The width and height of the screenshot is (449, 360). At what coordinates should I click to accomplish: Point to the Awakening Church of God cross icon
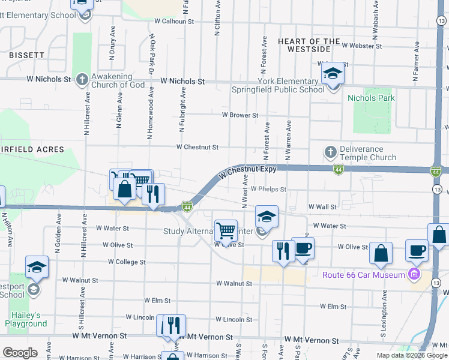pyautogui.click(x=82, y=79)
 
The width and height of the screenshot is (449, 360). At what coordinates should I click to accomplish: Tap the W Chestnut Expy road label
pyautogui.click(x=247, y=171)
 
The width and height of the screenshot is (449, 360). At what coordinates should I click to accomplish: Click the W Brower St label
pyautogui.click(x=240, y=115)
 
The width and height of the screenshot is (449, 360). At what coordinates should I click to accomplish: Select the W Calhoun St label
pyautogui.click(x=174, y=21)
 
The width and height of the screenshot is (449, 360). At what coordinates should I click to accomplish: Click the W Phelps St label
pyautogui.click(x=268, y=189)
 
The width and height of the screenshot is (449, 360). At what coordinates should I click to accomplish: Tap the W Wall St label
pyautogui.click(x=322, y=206)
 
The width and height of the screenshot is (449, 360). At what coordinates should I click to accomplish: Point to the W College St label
pyautogui.click(x=127, y=262)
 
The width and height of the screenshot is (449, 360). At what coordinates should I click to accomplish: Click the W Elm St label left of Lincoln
pyautogui.click(x=157, y=300)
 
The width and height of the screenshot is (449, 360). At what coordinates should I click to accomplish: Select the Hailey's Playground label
pyautogui.click(x=26, y=319)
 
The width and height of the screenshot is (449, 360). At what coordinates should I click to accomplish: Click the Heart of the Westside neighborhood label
pyautogui.click(x=304, y=45)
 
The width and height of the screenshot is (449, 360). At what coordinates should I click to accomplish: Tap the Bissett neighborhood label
pyautogui.click(x=26, y=55)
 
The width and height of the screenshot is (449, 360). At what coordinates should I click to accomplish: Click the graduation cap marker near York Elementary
pyautogui.click(x=332, y=74)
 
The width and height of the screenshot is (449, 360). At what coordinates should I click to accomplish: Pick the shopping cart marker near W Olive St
pyautogui.click(x=226, y=230)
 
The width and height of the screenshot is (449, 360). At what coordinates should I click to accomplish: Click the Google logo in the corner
pyautogui.click(x=20, y=353)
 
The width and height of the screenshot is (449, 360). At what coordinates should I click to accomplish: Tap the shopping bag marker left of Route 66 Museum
pyautogui.click(x=381, y=253)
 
